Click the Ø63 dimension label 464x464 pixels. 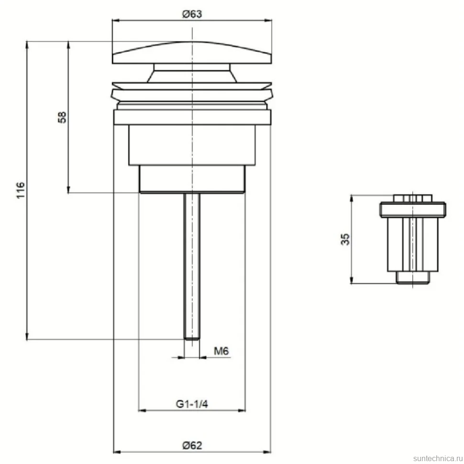click(x=192, y=14)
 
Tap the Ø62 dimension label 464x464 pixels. click(x=192, y=445)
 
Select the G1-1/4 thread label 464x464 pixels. click(x=192, y=404)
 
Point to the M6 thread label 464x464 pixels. click(x=221, y=351)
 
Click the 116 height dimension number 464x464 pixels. click(x=21, y=190)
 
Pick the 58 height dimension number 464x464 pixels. click(x=62, y=117)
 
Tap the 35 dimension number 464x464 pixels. click(x=345, y=239)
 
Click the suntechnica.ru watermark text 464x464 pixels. click(x=438, y=458)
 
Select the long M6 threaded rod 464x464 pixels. click(x=192, y=266)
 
